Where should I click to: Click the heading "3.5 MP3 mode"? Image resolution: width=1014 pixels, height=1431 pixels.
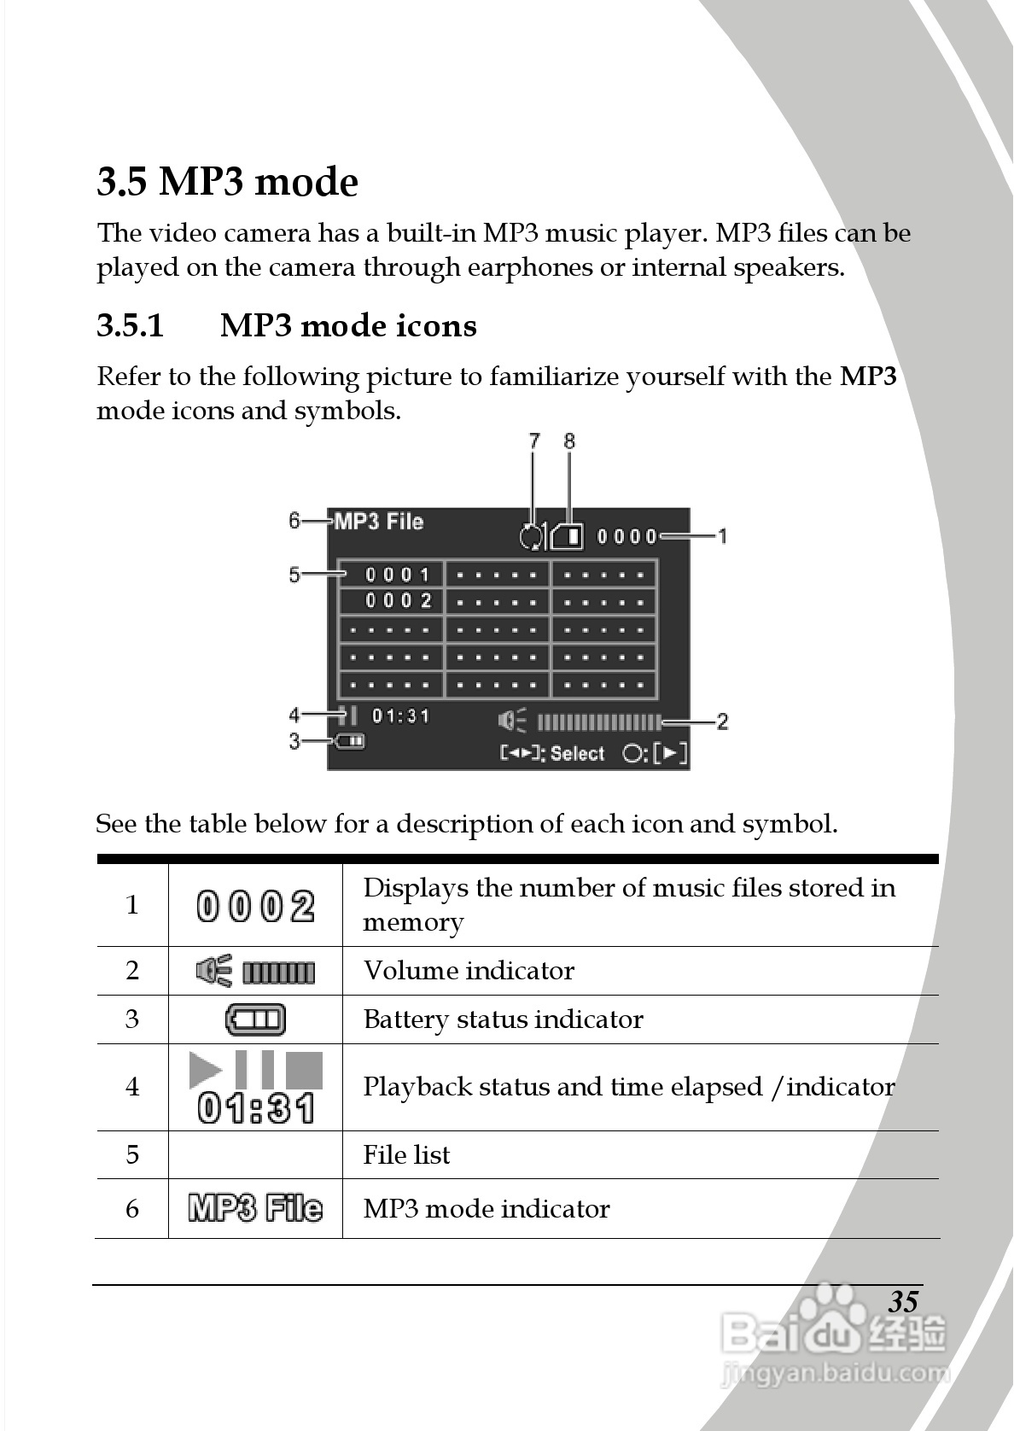[x=227, y=182]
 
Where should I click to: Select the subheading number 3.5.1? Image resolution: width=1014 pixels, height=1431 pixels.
[x=130, y=326]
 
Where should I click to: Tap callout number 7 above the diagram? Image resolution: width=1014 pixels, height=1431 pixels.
[x=534, y=441]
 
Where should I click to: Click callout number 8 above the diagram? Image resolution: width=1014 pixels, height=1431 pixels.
[x=569, y=441]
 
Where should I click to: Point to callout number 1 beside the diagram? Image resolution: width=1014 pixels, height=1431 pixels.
[x=722, y=536]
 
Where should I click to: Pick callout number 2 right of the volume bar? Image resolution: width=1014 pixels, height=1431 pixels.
[x=722, y=721]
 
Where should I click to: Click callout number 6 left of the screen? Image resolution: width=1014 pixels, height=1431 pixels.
[x=294, y=520]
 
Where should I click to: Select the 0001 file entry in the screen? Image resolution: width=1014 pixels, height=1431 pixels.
[x=399, y=575]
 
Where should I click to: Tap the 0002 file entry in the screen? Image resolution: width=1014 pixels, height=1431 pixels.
[x=399, y=601]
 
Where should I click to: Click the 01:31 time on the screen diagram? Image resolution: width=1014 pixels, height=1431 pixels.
[x=400, y=715]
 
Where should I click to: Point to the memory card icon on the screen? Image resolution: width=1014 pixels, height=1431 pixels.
[x=568, y=536]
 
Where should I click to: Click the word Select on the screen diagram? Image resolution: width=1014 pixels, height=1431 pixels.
[x=577, y=754]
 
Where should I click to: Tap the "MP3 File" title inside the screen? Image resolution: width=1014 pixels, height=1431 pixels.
[x=379, y=522]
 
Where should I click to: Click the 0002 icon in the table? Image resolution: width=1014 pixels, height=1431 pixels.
[x=255, y=906]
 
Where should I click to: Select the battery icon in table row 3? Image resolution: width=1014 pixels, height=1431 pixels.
[x=255, y=1019]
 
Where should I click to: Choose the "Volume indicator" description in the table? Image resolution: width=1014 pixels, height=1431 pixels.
[x=469, y=971]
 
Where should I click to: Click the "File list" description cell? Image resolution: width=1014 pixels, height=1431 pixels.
[x=406, y=1155]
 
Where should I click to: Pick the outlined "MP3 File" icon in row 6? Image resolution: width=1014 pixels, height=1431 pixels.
[x=255, y=1208]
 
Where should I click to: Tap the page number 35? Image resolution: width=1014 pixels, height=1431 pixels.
[x=903, y=1301]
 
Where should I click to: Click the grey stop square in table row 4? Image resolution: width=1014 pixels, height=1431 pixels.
[x=304, y=1069]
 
